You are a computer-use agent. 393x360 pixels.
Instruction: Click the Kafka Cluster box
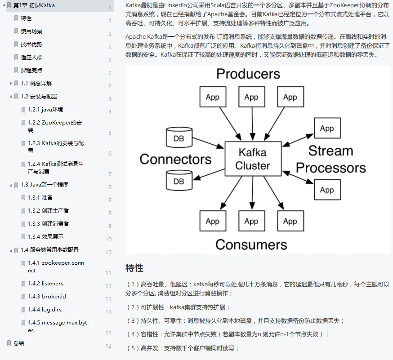point(252,159)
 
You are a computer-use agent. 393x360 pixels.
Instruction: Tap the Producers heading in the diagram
point(248,74)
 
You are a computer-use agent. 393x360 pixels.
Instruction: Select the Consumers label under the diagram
point(251,244)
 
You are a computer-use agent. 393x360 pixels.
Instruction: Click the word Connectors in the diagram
point(175,159)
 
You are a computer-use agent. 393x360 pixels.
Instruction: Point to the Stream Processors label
point(330,159)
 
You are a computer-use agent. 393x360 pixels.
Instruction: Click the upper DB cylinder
point(179,138)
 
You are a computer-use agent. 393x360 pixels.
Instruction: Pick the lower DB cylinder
point(179,181)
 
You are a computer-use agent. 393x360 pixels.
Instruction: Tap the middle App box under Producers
point(251,97)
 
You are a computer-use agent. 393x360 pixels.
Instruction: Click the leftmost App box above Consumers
point(212,221)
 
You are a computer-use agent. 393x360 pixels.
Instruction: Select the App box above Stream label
point(326,129)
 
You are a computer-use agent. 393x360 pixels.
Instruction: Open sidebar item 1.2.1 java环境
point(45,109)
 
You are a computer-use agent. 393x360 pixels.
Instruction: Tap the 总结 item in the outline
point(19,343)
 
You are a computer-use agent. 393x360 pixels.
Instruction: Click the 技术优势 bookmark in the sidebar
point(31,44)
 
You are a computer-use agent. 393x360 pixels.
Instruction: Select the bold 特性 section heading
point(134,268)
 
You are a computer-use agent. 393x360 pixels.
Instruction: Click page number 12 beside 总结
point(108,346)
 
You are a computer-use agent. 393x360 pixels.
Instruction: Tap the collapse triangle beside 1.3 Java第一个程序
point(11,185)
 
